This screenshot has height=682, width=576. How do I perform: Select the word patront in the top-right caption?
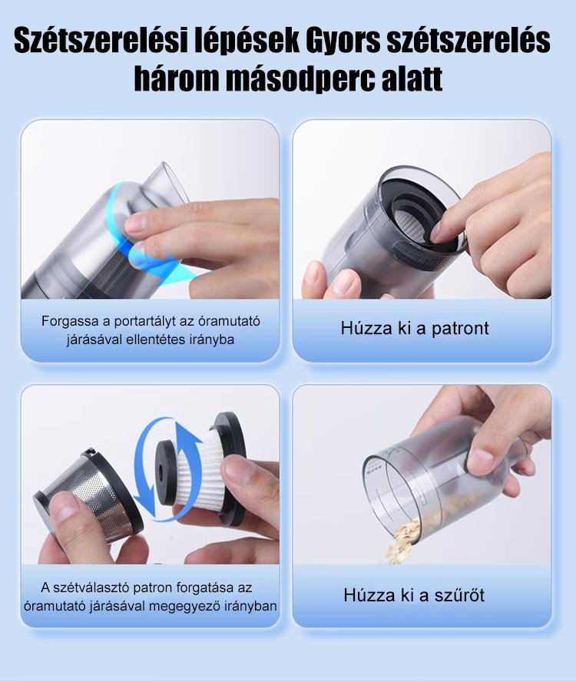(x=460, y=329)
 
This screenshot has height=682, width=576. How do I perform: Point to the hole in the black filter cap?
(x=163, y=471)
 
